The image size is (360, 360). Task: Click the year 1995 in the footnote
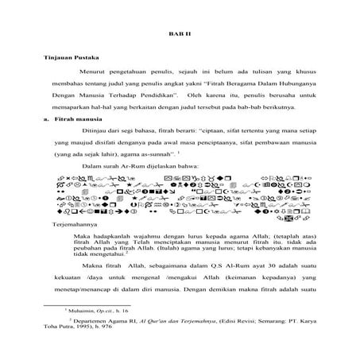click(x=96, y=336)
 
